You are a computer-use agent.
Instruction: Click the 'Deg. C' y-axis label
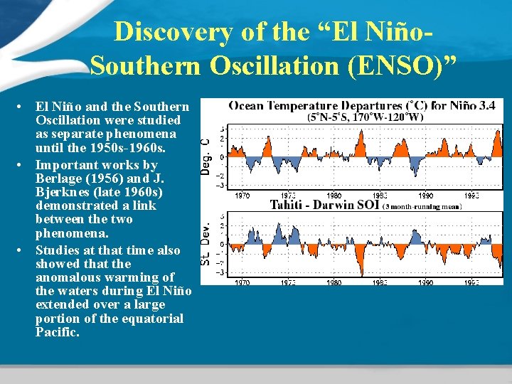click(x=206, y=157)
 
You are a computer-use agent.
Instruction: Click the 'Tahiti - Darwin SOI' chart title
click(x=325, y=206)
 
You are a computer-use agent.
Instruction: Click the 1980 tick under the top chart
click(x=334, y=195)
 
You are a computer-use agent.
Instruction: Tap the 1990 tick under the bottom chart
click(x=425, y=282)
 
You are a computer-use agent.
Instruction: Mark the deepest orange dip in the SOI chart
click(x=363, y=274)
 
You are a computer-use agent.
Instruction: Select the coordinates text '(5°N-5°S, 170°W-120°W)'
click(x=364, y=117)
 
